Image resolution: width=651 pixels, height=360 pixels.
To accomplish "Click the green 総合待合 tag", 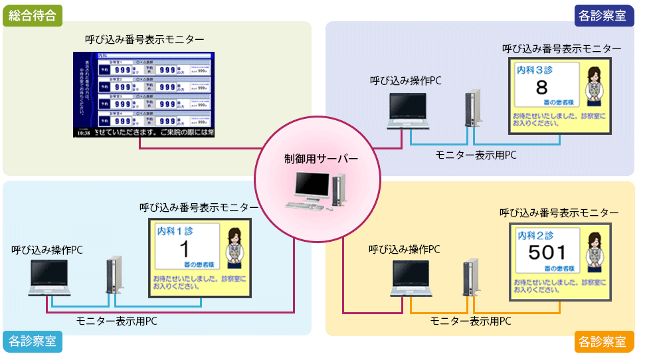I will (33, 14).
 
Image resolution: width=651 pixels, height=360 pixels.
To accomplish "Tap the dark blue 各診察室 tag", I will (602, 14).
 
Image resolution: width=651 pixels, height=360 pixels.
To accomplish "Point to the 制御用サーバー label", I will (317, 159).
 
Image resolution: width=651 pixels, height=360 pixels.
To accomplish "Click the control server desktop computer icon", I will (318, 191).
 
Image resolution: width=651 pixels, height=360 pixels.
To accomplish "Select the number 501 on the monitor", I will (547, 252).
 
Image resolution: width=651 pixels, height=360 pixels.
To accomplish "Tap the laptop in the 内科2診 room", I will (412, 278).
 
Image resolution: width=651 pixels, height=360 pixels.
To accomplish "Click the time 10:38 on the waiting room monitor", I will (83, 133).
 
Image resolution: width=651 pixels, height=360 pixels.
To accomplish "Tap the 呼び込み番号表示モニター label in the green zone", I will (144, 39).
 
